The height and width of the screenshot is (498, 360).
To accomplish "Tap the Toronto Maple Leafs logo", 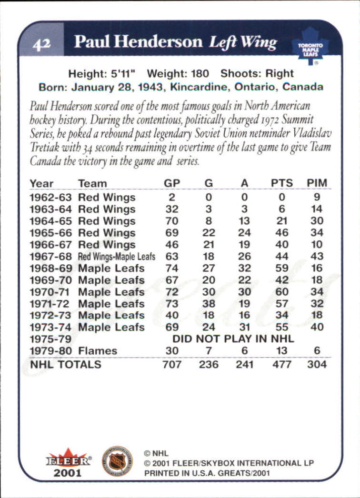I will [310, 46].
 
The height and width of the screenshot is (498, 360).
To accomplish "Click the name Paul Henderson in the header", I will [138, 42].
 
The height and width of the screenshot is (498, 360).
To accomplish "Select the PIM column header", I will [317, 183].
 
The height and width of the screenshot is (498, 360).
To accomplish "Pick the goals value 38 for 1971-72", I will [209, 303].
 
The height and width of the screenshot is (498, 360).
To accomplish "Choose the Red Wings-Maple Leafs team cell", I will [117, 257].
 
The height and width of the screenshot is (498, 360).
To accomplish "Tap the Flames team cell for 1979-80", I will [98, 351].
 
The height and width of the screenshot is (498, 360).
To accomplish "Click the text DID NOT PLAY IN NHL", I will [233, 339].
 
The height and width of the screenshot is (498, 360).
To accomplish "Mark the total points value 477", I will [281, 364].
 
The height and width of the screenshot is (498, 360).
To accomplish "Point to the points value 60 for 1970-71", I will [281, 291].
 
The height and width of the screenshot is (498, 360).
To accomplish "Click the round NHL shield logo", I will [117, 461].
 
